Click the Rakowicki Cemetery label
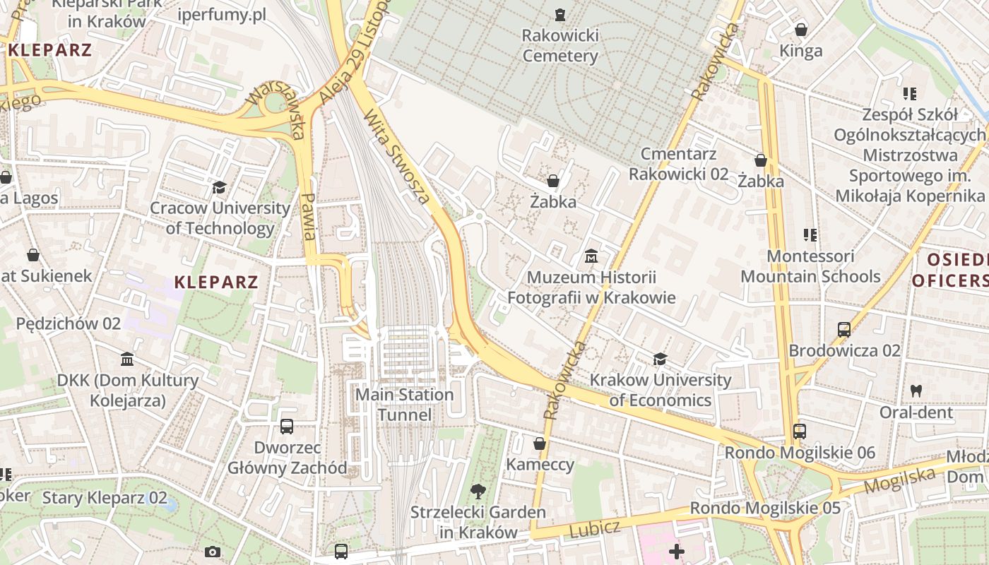(x=559, y=45)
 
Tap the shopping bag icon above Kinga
(x=801, y=30)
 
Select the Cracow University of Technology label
(x=220, y=218)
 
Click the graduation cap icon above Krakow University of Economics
(x=660, y=359)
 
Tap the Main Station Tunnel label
(x=404, y=405)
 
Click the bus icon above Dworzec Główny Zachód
(x=287, y=427)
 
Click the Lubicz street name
(x=594, y=528)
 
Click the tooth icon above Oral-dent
(x=916, y=391)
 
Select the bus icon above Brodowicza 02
(x=844, y=329)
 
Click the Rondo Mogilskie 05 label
(x=765, y=508)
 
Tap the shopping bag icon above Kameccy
(x=540, y=444)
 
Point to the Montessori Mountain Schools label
(x=810, y=266)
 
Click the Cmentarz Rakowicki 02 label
(x=678, y=164)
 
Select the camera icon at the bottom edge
(x=212, y=552)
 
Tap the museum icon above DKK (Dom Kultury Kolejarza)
(x=127, y=359)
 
